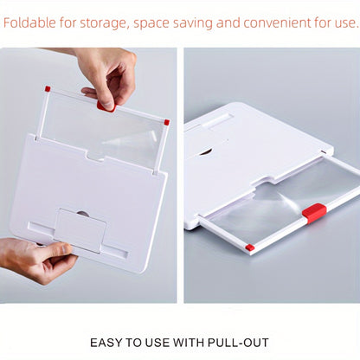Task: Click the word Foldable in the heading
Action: pyautogui.click(x=29, y=22)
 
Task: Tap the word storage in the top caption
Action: pyautogui.click(x=103, y=23)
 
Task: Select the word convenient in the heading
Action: pyautogui.click(x=277, y=22)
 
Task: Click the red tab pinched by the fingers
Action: pyautogui.click(x=106, y=106)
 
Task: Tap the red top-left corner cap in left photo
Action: pyautogui.click(x=48, y=88)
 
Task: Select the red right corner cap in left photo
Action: pyautogui.click(x=166, y=122)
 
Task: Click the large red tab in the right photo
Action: pyautogui.click(x=314, y=213)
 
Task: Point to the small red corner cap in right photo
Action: pyautogui.click(x=249, y=247)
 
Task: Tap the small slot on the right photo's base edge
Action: pyautogui.click(x=324, y=151)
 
